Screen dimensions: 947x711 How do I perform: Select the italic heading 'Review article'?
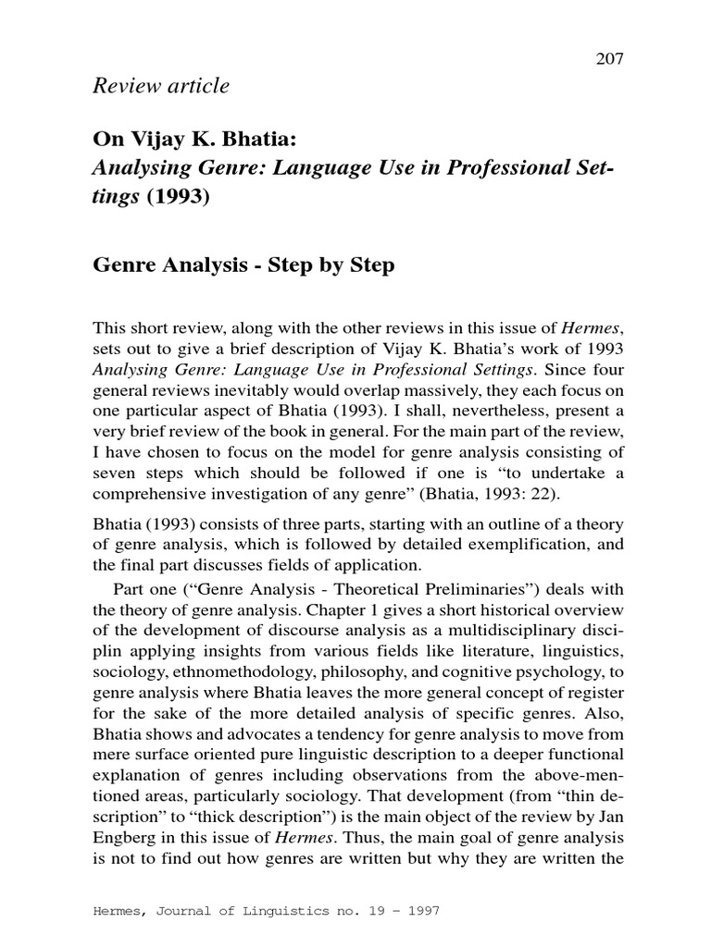click(x=161, y=86)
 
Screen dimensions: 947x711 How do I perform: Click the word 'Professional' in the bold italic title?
click(x=487, y=170)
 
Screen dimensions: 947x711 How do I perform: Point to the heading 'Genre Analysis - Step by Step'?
click(x=244, y=265)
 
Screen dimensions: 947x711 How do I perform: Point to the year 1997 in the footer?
click(x=418, y=911)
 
